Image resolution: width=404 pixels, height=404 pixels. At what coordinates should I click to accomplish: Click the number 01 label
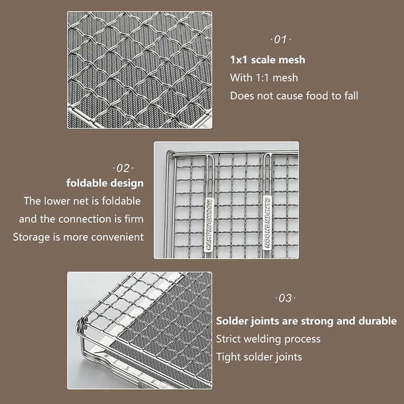point(281,40)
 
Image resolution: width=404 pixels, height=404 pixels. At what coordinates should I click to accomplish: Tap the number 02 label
point(123,169)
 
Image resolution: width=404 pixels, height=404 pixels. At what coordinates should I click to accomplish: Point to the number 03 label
point(285,298)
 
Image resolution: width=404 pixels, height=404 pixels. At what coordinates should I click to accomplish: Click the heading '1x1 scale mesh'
point(268,60)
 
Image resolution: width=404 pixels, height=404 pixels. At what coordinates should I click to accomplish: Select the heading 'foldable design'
point(105,183)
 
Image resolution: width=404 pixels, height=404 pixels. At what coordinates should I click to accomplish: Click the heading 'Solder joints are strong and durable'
point(307,321)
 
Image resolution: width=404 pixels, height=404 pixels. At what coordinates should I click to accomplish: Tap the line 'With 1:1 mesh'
point(264,78)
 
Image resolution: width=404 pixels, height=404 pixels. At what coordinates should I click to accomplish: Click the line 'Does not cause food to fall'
point(294,95)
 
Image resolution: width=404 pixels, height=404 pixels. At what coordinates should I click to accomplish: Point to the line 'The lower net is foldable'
point(82,201)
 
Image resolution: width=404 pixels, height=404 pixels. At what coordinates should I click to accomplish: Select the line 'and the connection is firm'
point(81,219)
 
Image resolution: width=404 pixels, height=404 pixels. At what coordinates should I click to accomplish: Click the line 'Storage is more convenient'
point(78,237)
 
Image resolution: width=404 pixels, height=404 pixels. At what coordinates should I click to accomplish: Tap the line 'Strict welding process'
point(268,339)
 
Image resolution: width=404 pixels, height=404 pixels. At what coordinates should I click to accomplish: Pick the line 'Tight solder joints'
point(259,357)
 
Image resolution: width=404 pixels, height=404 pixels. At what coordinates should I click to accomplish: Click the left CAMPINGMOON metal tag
point(209,225)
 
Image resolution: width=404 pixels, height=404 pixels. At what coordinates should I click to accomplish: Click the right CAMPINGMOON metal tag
point(267,223)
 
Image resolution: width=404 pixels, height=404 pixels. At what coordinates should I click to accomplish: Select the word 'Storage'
point(31,237)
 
